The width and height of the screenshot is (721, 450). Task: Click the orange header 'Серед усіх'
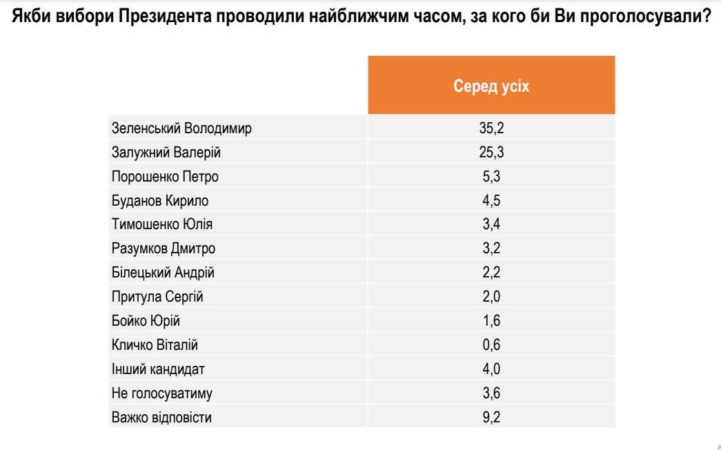(x=491, y=86)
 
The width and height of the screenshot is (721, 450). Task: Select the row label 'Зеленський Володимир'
(x=181, y=128)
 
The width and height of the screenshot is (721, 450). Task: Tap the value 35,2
(x=491, y=128)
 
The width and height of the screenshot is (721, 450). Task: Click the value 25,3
(x=491, y=153)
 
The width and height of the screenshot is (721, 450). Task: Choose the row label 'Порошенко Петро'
(x=165, y=177)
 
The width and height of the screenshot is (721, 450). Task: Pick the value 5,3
(x=491, y=177)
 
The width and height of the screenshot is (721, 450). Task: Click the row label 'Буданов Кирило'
(x=160, y=201)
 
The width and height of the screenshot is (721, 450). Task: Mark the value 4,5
(x=491, y=201)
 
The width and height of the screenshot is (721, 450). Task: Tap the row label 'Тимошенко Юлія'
(x=162, y=225)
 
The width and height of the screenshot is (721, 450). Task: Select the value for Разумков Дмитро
(x=491, y=248)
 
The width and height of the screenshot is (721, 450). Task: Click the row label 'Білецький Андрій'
(x=163, y=273)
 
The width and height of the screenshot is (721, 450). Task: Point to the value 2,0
(x=491, y=297)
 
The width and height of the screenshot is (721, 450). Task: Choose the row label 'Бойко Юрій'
(x=146, y=321)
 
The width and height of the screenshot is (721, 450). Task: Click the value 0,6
(x=491, y=345)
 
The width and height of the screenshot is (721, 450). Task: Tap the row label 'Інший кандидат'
(x=158, y=369)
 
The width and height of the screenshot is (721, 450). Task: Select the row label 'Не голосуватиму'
(x=161, y=393)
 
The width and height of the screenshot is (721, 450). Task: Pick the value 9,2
(x=491, y=418)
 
